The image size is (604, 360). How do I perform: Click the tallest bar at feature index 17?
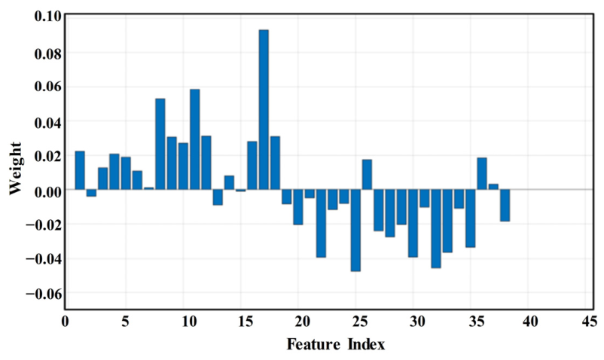tap(264, 109)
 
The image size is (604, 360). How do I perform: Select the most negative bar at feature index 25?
tap(355, 230)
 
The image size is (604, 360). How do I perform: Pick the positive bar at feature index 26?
tap(367, 175)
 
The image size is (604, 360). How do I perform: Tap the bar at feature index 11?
tap(195, 139)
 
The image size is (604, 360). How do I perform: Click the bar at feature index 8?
tap(160, 144)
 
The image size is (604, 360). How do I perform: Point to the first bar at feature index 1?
tap(80, 170)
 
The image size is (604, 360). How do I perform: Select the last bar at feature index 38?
tap(505, 205)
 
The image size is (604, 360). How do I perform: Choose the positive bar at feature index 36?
tap(482, 174)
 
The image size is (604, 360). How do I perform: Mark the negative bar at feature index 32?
tap(436, 229)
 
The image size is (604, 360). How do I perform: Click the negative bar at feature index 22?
tap(322, 224)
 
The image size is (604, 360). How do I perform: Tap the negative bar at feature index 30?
tap(413, 224)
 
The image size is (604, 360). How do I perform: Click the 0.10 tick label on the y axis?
tap(47, 16)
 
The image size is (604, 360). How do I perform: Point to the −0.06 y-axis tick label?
tap(44, 294)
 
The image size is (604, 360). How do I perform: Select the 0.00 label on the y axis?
tap(47, 191)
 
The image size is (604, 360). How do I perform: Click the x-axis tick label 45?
tap(590, 322)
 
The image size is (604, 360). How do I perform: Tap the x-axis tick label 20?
tap(303, 322)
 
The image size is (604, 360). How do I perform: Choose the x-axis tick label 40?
tap(530, 322)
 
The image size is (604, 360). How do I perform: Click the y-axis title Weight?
tap(15, 168)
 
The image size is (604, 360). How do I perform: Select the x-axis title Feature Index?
tap(336, 344)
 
